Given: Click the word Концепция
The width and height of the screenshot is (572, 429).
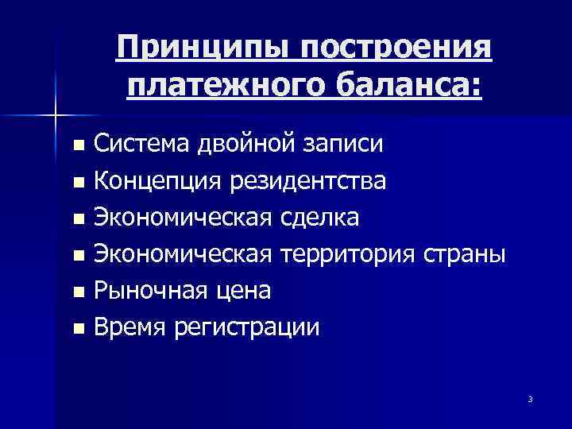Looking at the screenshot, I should (x=159, y=183).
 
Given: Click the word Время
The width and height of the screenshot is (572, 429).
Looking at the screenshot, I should (x=130, y=327).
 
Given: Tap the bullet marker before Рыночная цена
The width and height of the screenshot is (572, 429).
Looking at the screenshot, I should (x=77, y=292).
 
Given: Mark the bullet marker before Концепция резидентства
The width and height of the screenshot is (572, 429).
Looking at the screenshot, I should (x=77, y=184).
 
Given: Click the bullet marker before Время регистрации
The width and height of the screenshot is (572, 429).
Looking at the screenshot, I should (x=77, y=328).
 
